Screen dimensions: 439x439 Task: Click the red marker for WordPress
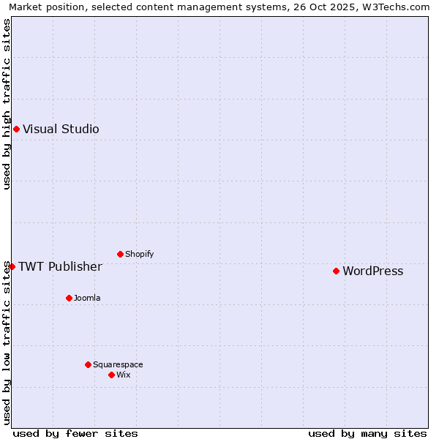tap(336, 271)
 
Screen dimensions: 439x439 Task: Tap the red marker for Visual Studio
tap(16, 130)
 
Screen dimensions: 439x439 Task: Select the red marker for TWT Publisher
tap(12, 266)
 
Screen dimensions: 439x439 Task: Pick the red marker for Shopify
tap(120, 254)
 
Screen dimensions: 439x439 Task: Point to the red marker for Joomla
tap(69, 298)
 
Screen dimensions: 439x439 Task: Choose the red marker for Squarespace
tap(88, 364)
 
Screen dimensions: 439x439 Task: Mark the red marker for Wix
tap(111, 375)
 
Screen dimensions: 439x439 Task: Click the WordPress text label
tap(372, 271)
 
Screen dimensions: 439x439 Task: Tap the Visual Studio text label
tap(61, 130)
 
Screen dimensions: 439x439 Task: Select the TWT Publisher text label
tap(60, 266)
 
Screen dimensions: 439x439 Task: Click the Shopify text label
tap(139, 255)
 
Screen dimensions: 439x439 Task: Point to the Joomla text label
tap(87, 299)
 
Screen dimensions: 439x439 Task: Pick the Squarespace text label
tap(118, 365)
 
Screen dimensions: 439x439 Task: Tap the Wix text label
tap(124, 375)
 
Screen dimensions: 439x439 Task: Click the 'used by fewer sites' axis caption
tap(75, 433)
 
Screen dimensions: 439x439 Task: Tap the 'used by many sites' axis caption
tap(367, 433)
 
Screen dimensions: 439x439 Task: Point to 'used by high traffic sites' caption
tap(7, 104)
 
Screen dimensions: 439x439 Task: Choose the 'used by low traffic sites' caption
tap(7, 342)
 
